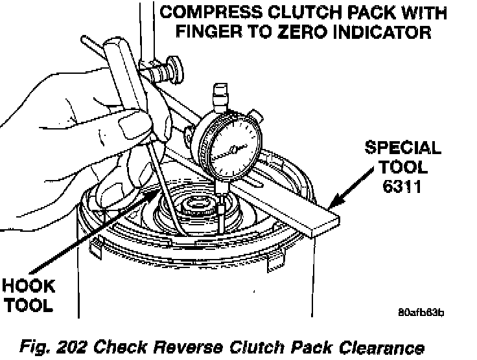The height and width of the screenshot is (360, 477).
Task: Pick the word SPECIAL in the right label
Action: pyautogui.click(x=402, y=148)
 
